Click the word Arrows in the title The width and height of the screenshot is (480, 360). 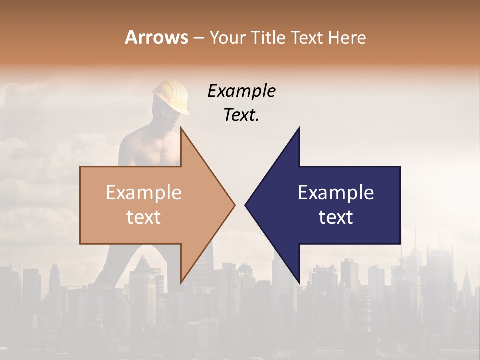pos(156,37)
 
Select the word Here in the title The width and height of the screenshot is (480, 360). pos(348,37)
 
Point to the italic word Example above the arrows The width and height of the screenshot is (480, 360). pos(241,91)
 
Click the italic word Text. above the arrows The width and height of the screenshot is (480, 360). pos(241,115)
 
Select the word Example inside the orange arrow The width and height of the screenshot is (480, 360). pos(144,193)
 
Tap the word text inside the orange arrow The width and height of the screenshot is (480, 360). pos(144,217)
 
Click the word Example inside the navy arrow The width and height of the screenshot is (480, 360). pos(336,193)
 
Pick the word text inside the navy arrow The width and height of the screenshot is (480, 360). pos(336,217)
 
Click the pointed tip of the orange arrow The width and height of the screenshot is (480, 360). pos(234,205)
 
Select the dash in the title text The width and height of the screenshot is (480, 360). pos(198,38)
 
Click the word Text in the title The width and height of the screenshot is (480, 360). pos(306,37)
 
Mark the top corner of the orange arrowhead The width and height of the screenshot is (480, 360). pos(181,128)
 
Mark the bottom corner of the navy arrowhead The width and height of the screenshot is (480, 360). pos(299,282)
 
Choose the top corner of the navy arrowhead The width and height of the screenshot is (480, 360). pos(299,128)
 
